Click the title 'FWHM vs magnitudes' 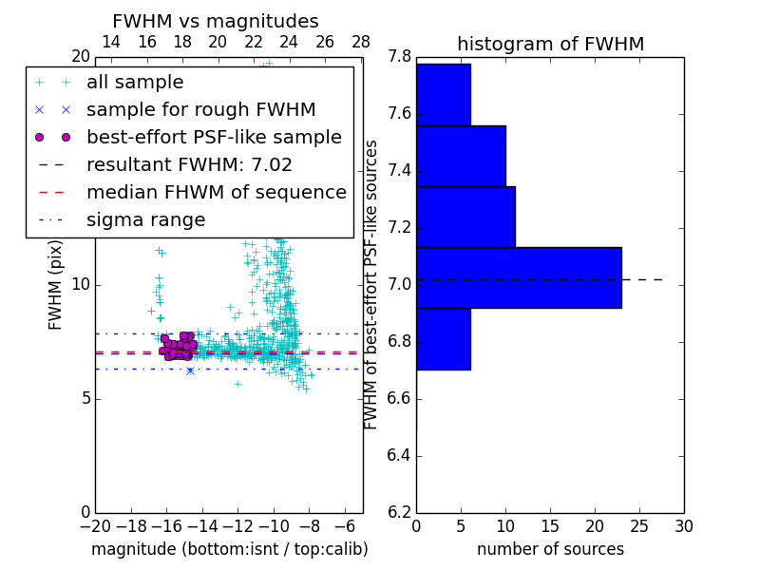216,21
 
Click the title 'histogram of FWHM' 550,44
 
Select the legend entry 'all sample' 135,83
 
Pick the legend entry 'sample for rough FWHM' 200,110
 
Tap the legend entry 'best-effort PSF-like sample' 214,138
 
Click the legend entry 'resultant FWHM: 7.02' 189,165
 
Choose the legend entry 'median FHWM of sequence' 216,193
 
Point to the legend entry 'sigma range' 145,220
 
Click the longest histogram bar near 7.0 519,277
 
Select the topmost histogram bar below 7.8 443,95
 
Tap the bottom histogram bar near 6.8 443,338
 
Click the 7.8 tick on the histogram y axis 400,57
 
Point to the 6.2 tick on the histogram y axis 400,512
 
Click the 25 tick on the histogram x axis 639,526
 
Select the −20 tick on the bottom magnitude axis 95,526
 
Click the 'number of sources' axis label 550,549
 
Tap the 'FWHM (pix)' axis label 56,284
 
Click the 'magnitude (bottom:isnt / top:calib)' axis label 229,549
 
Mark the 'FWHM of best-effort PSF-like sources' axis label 372,284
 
